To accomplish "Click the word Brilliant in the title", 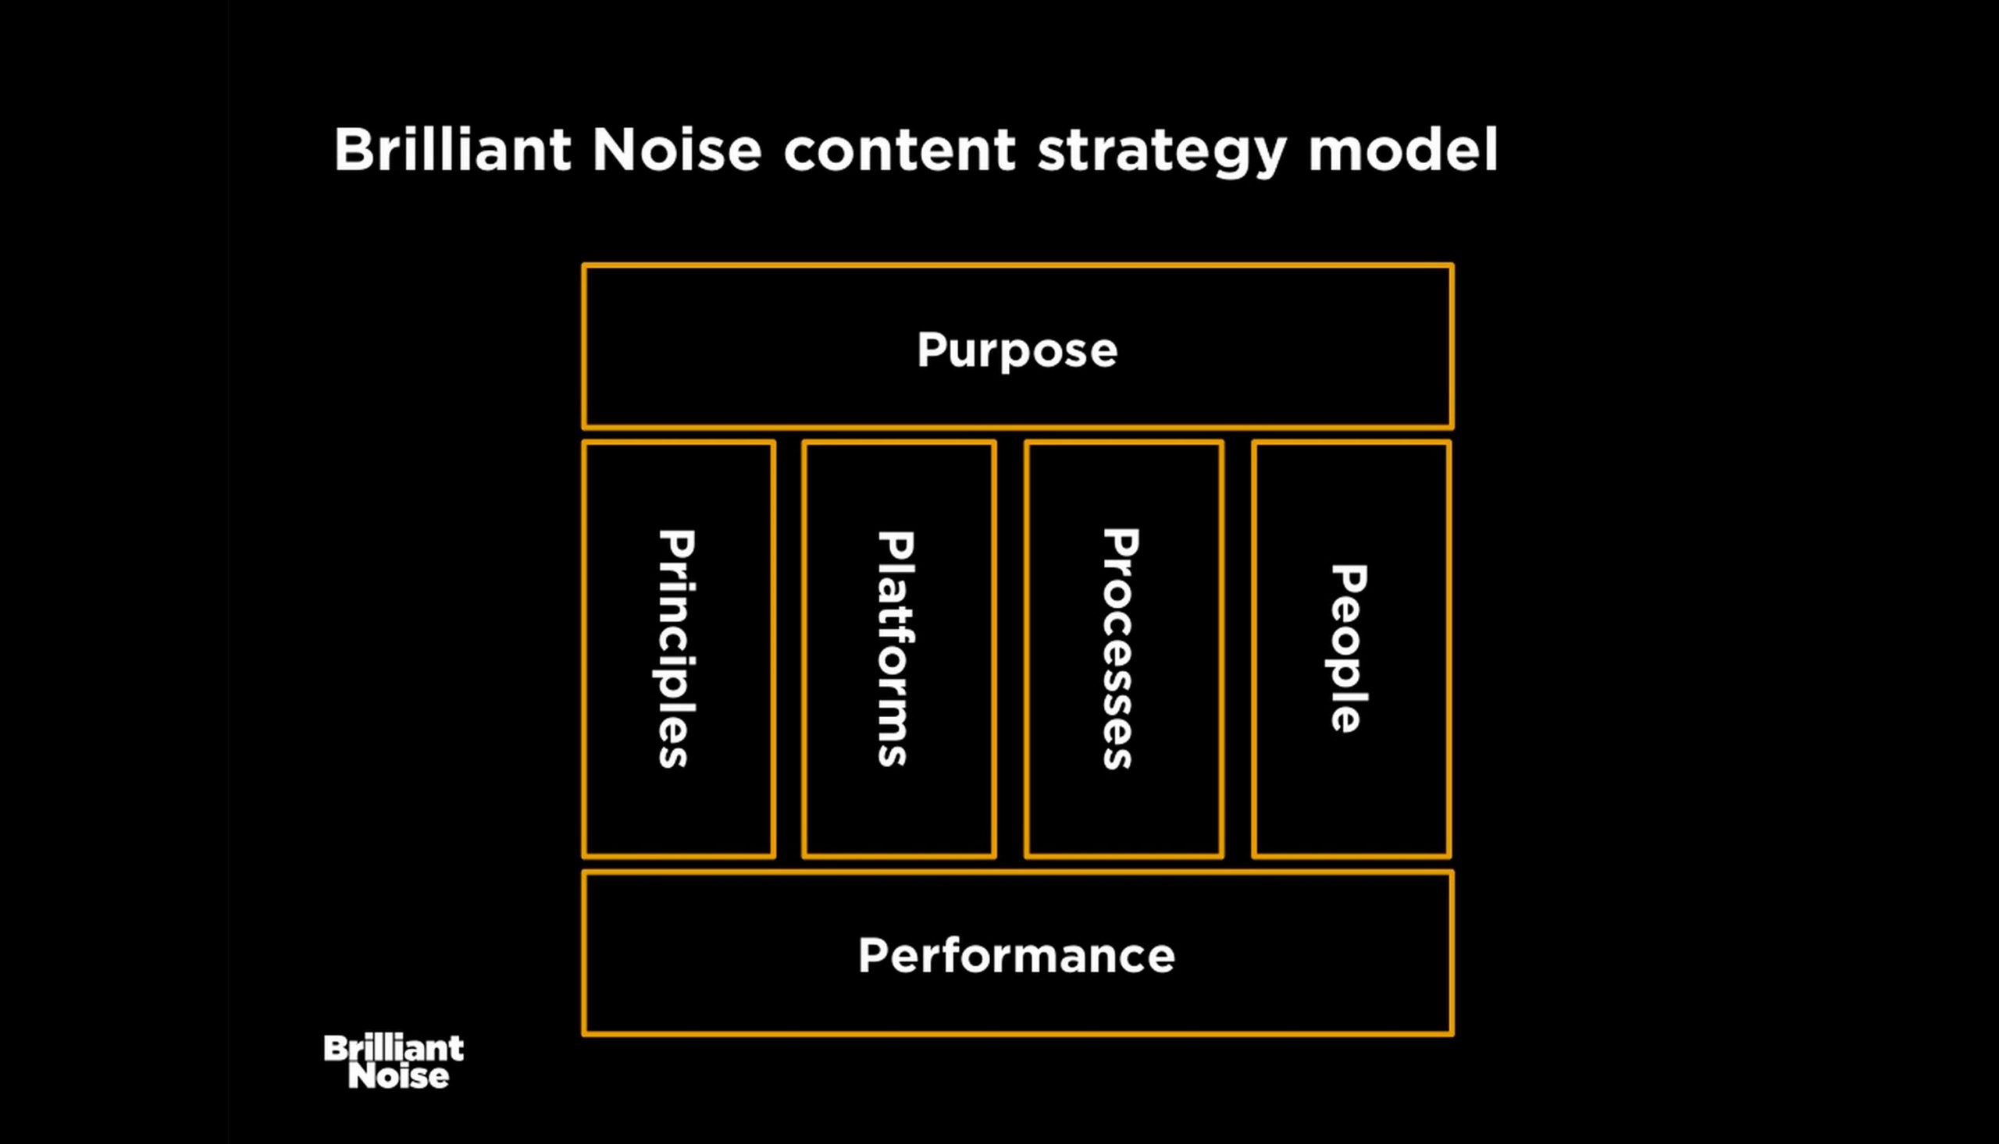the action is [453, 148].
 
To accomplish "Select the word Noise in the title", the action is [677, 148].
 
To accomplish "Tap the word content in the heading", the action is [900, 150].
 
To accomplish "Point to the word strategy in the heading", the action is [1163, 154].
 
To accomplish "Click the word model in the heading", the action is [1403, 148].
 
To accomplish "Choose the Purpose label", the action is [1017, 350].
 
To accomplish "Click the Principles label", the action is [675, 648].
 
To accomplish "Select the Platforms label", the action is [896, 648].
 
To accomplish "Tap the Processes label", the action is [1120, 648].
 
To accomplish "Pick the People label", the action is [1347, 648].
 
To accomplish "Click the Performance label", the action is [1017, 955].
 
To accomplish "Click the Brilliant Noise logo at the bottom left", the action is [394, 1061].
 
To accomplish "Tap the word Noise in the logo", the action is [398, 1076].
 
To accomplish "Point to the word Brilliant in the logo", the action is [394, 1048].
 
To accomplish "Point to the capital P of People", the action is [1349, 580].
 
